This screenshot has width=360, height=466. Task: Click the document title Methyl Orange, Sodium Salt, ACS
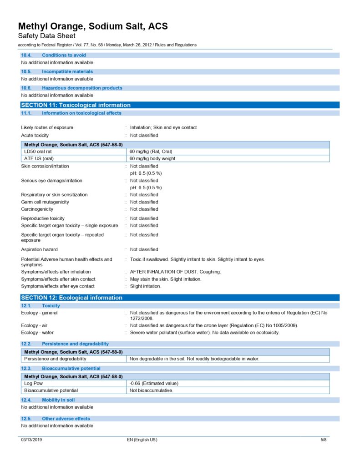93,26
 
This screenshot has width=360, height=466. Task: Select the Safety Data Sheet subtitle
46,36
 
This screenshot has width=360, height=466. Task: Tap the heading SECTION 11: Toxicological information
76,105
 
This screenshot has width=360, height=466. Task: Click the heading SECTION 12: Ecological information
72,298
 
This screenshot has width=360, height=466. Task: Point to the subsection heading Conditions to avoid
64,55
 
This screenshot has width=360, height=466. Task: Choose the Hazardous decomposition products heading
82,88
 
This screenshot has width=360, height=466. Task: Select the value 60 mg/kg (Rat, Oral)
151,151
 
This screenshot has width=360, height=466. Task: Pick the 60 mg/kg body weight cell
152,158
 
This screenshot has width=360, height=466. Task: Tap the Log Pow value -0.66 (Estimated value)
154,383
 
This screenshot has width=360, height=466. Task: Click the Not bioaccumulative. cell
151,390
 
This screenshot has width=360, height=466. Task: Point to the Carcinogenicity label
37,209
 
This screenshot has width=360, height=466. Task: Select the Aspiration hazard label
39,249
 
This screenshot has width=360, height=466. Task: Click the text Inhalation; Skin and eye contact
163,127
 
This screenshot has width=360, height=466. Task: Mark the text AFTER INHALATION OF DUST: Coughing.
175,272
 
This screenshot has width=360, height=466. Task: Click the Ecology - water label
37,333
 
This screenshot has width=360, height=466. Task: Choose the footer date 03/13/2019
32,440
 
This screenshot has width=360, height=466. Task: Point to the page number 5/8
323,440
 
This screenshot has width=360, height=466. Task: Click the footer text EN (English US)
142,440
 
